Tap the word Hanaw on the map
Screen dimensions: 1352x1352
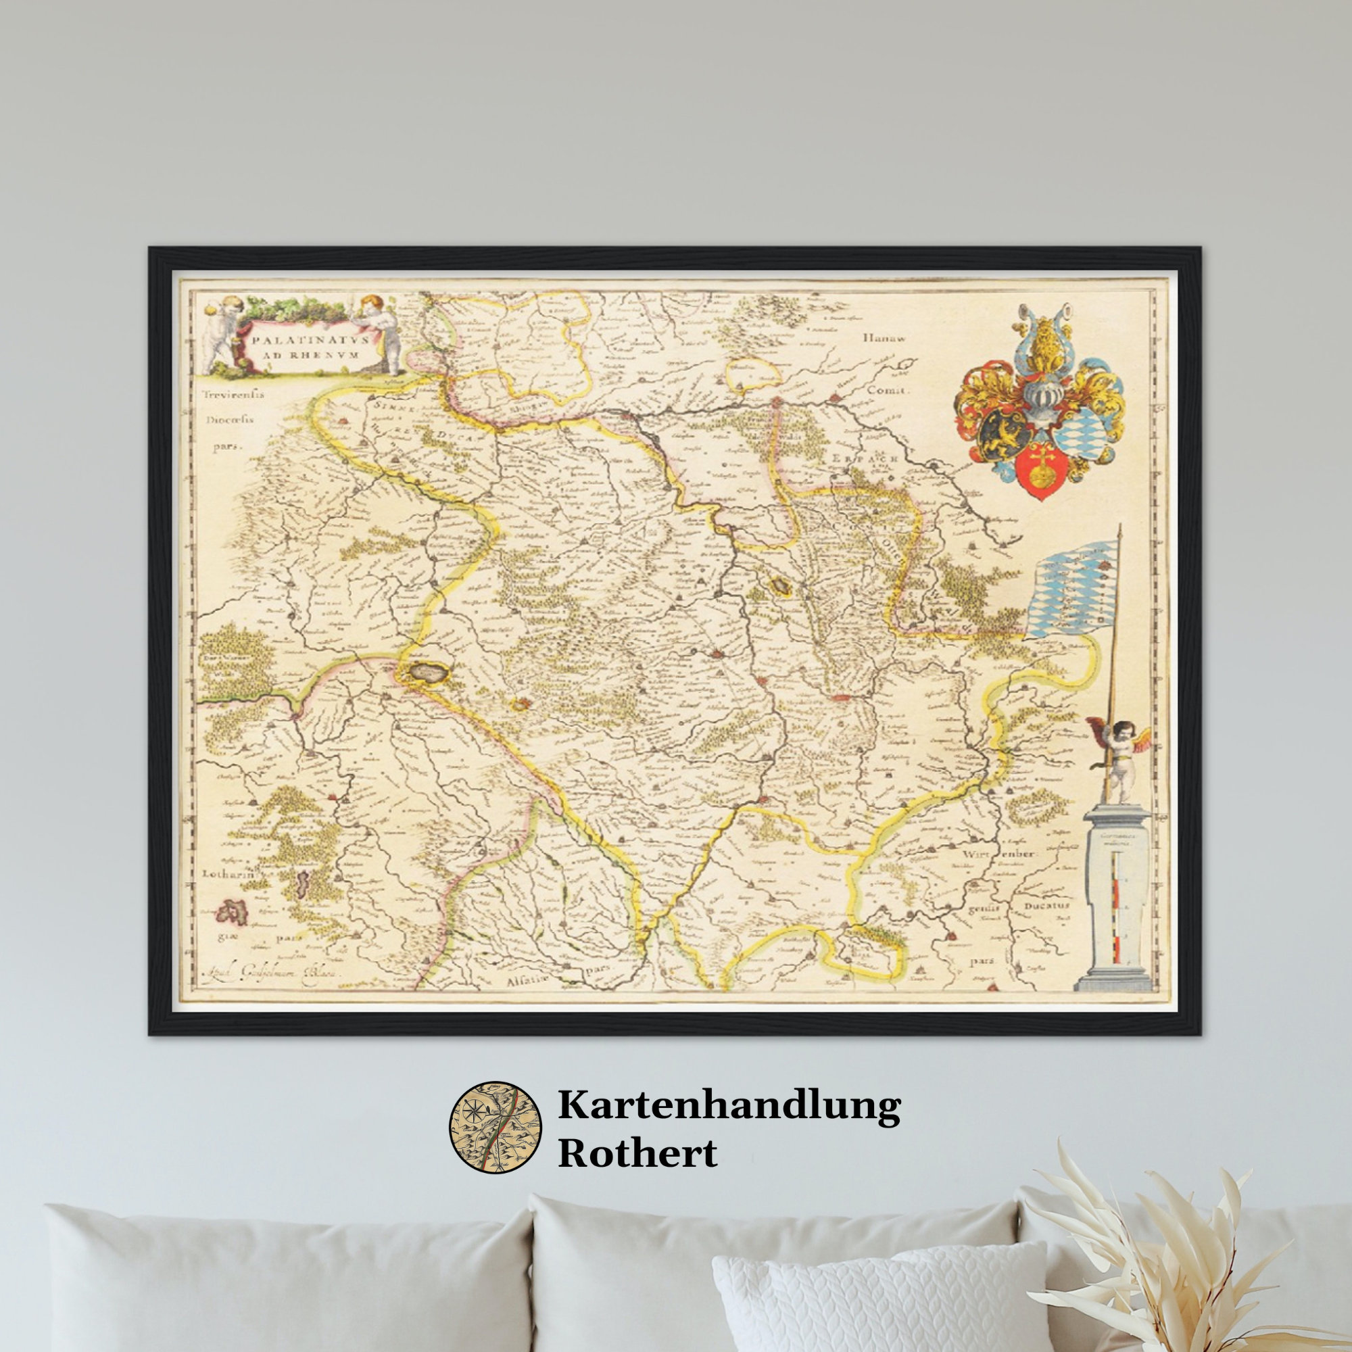[x=884, y=337]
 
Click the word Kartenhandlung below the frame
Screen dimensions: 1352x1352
[x=729, y=1108]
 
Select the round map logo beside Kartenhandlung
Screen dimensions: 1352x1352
[x=495, y=1126]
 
